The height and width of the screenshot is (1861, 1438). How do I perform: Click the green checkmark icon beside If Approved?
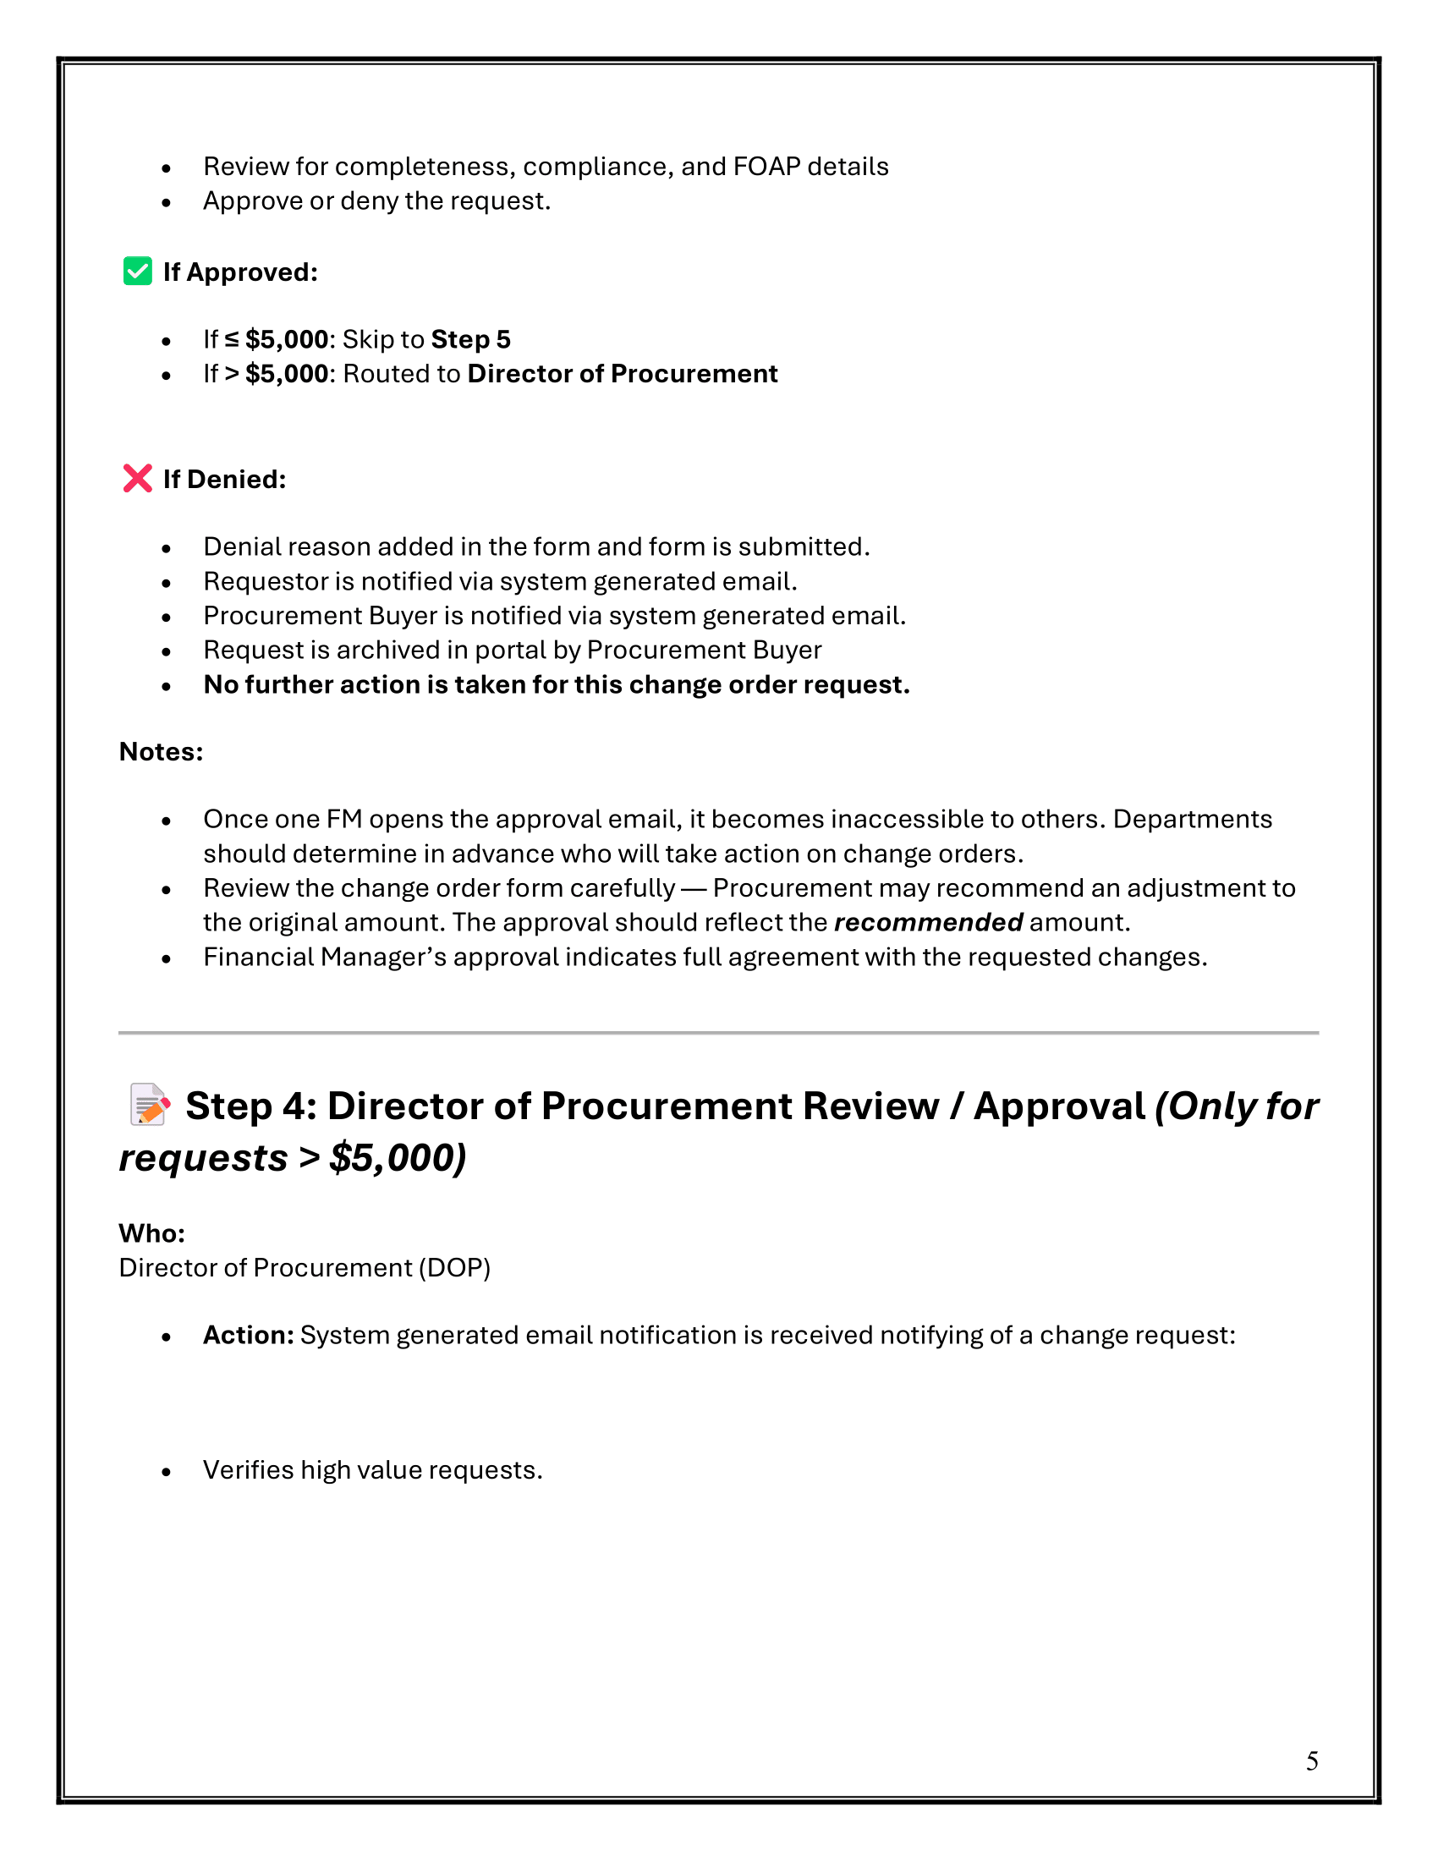[137, 271]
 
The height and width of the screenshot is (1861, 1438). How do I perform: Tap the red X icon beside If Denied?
[137, 478]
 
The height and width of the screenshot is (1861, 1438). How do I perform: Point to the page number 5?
[1312, 1760]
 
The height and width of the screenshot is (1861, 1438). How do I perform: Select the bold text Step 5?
[470, 339]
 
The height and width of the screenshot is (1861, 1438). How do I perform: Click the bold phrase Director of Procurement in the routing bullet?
[622, 373]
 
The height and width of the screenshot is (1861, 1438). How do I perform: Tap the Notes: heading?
[161, 751]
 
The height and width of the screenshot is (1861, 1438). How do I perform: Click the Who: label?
[151, 1233]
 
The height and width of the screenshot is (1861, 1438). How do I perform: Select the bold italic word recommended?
[928, 922]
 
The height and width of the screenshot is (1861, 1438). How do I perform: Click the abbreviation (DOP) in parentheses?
[454, 1267]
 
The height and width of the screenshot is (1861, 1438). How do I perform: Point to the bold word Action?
[248, 1334]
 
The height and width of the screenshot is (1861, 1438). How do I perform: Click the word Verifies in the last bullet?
[248, 1470]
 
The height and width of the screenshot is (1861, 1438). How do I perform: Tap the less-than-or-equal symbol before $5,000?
[232, 339]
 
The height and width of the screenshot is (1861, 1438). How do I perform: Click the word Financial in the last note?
[258, 957]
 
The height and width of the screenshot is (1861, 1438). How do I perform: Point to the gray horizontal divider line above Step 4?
[718, 1033]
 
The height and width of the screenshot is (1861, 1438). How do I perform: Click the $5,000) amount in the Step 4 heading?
[398, 1157]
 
